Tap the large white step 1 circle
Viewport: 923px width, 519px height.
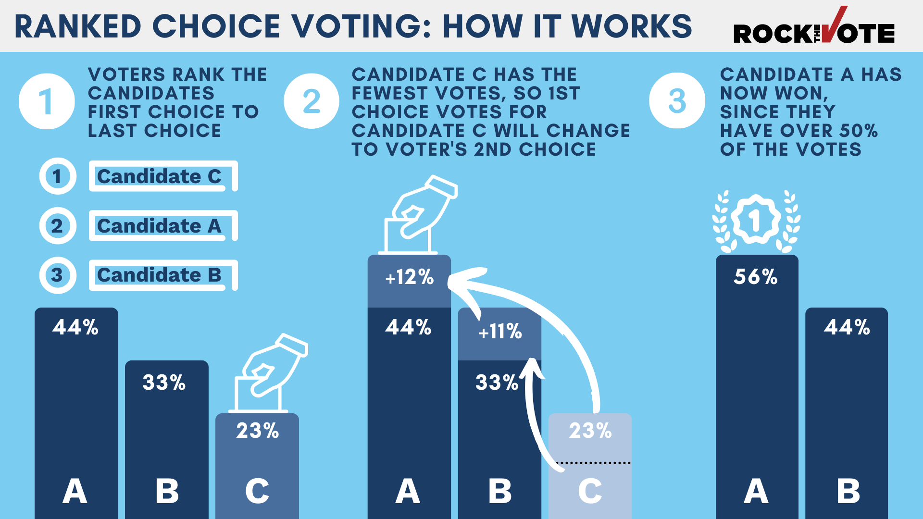pos(47,101)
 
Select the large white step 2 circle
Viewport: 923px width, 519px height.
pos(312,101)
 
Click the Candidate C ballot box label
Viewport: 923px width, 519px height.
pos(160,176)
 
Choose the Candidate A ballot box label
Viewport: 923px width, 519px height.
pos(160,226)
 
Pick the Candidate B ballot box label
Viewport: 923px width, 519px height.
pos(160,275)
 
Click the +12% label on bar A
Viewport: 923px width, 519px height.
pos(409,278)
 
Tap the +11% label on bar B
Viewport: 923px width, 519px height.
pos(499,332)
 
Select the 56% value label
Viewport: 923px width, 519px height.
pos(755,277)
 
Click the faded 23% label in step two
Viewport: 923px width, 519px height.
pos(590,431)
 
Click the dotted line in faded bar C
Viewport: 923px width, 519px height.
pos(592,463)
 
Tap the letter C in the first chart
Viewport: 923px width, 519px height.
pos(257,492)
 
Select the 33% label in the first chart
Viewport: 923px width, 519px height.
pos(164,383)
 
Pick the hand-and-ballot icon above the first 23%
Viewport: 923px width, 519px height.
pos(267,373)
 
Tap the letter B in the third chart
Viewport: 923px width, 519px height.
pos(848,492)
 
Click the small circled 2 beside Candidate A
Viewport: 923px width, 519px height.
pos(57,226)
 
